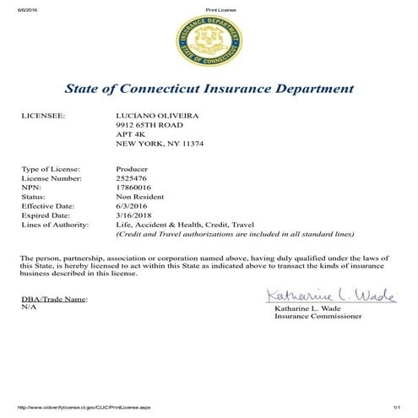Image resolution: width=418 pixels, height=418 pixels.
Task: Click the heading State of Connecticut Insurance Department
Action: (x=209, y=89)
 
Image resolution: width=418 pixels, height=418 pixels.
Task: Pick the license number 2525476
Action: (x=131, y=179)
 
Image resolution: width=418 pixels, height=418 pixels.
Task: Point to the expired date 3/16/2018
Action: (x=133, y=215)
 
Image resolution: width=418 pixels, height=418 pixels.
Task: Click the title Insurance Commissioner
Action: (x=318, y=317)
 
